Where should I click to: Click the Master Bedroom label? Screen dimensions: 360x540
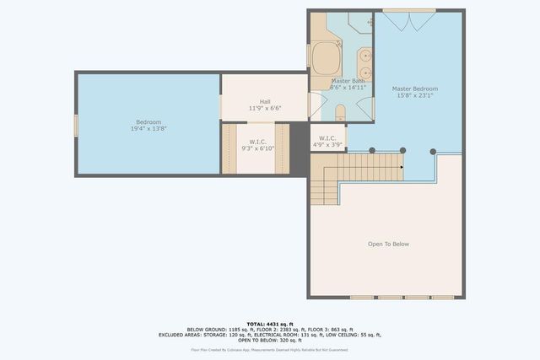tap(414, 89)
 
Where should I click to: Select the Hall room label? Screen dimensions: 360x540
tap(265, 101)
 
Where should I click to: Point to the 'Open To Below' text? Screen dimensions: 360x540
tap(388, 244)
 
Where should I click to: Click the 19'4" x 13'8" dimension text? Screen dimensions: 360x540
tap(148, 129)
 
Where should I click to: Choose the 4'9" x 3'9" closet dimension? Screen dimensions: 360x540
tap(327, 144)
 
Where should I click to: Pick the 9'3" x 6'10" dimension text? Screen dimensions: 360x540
tap(257, 148)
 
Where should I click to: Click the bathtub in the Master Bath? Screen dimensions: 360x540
tap(323, 59)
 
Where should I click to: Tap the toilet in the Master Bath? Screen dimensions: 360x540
tap(340, 111)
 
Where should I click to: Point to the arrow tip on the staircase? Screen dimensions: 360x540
tap(402, 166)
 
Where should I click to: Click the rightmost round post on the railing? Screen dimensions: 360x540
tap(433, 151)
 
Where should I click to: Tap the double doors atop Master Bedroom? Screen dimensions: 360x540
tap(409, 20)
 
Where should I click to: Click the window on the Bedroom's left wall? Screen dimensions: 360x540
tap(76, 125)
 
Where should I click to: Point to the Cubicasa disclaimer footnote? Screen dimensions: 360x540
tap(269, 350)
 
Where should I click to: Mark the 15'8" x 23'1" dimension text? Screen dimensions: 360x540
tap(414, 95)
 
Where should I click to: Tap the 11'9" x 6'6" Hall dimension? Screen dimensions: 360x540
tap(265, 108)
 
